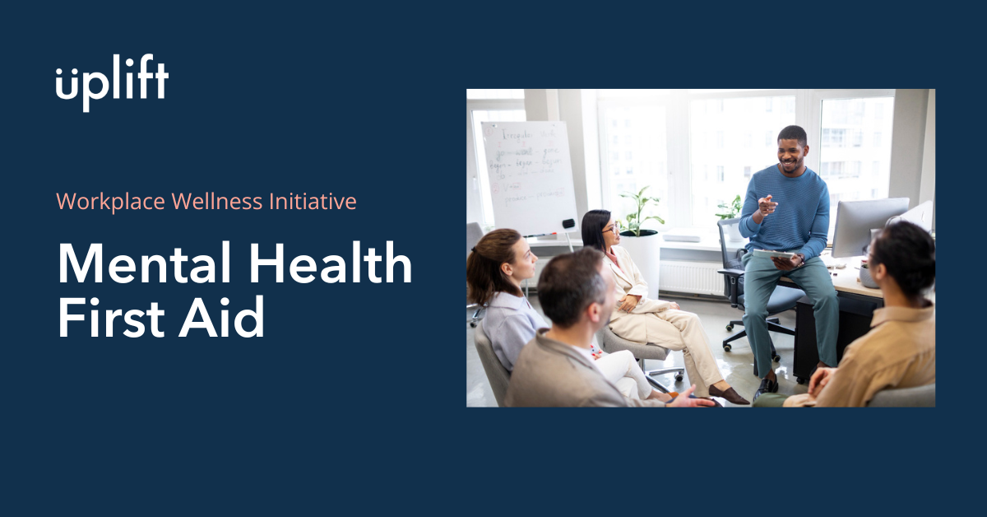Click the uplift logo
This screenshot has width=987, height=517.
click(112, 84)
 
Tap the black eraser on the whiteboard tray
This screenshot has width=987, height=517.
click(568, 224)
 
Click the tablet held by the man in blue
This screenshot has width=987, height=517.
click(774, 255)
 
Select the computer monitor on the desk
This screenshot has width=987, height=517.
click(869, 226)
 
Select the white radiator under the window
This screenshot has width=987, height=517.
click(691, 277)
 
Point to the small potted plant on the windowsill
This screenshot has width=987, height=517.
click(729, 210)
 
